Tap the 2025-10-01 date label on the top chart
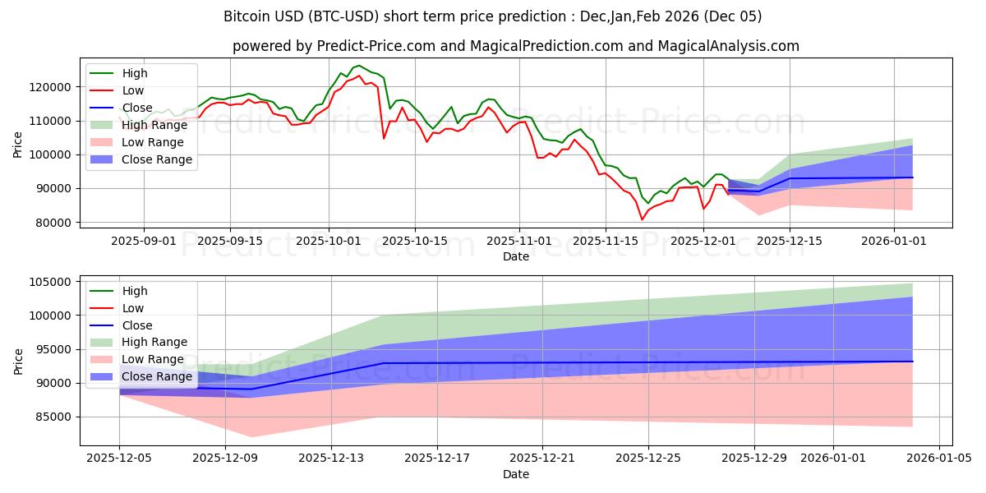329,241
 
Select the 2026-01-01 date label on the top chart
895,241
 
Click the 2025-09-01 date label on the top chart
144,241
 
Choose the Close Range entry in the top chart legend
156,159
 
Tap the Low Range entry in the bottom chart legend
153,359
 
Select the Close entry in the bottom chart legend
136,325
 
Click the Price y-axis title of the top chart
19,145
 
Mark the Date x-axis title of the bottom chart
515,474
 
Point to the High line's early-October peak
358,66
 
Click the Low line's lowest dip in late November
642,219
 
